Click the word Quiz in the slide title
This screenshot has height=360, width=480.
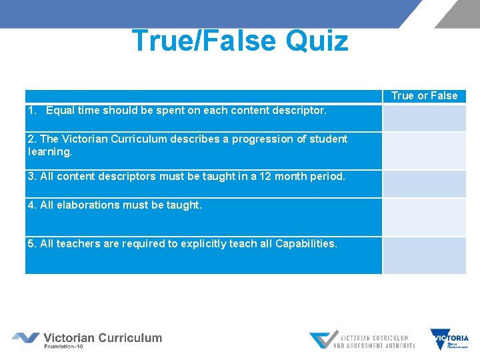(317, 41)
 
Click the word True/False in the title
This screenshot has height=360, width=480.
(205, 41)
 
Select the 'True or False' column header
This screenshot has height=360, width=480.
(424, 96)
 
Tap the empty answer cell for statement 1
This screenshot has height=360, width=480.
(424, 117)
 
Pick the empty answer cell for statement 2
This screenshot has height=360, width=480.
(424, 150)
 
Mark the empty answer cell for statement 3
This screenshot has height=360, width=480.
(424, 183)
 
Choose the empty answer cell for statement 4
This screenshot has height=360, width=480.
(424, 217)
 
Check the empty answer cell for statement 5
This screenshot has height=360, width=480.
(424, 255)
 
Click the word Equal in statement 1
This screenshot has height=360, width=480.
(61, 110)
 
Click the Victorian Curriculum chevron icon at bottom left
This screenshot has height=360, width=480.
(25, 338)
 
